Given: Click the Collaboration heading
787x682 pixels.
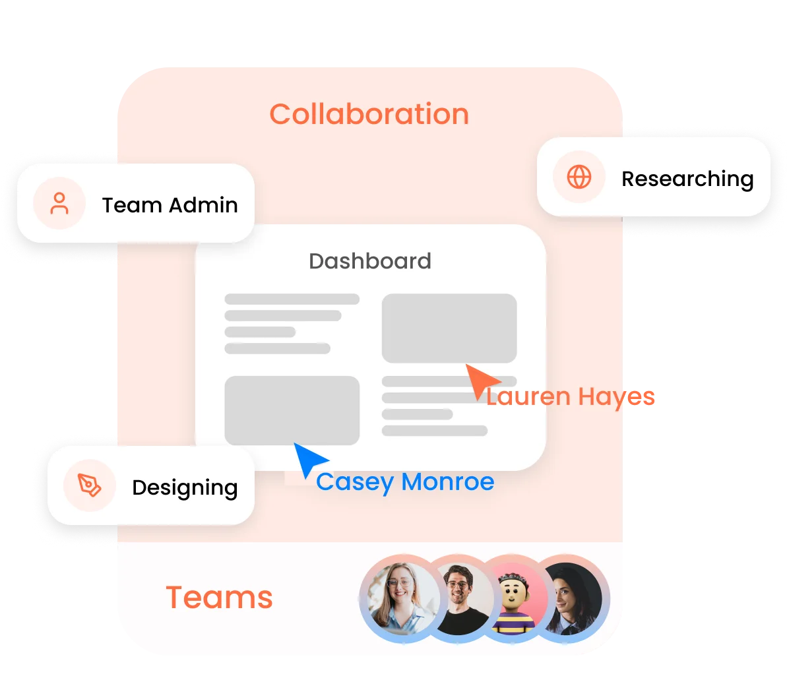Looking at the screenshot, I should [x=369, y=114].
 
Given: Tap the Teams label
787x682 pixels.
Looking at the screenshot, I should [x=219, y=598].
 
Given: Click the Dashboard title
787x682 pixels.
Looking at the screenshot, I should [x=369, y=261].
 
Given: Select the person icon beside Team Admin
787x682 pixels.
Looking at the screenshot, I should [x=59, y=204].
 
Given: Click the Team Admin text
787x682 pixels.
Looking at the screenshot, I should [x=170, y=205].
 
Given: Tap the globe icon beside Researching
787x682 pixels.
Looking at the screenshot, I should [x=579, y=177].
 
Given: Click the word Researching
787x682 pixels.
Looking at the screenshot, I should [x=687, y=179].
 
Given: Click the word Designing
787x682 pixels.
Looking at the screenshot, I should [x=185, y=488].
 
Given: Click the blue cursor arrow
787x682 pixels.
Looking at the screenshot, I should [x=308, y=458].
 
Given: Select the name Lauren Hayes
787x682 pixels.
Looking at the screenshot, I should [x=570, y=397].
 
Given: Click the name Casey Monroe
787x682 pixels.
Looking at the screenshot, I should [x=405, y=482].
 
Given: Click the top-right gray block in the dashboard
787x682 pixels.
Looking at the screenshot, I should [x=449, y=328].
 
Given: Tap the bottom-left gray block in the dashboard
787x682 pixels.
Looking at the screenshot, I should [x=292, y=410].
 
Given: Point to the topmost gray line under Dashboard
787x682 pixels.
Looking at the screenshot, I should [x=292, y=299].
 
